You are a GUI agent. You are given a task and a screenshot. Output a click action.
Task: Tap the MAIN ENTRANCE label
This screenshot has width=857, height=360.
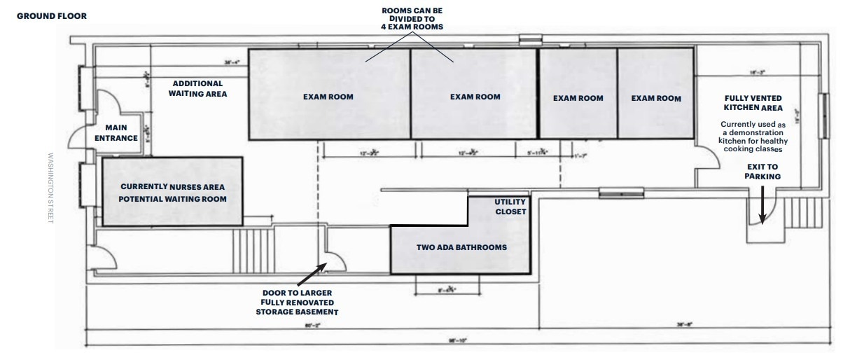121,132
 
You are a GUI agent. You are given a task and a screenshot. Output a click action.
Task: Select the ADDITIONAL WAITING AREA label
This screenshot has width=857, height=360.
197,88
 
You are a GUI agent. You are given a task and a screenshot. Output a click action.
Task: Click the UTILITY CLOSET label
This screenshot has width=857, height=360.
510,207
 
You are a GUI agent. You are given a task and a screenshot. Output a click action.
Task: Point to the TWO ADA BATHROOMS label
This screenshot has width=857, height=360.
461,247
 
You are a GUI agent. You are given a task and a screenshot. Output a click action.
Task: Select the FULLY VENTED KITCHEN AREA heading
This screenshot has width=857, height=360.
753,103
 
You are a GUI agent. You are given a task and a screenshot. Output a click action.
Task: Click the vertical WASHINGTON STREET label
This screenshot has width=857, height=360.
50,179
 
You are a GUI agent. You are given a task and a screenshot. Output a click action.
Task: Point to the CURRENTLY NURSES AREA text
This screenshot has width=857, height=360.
172,187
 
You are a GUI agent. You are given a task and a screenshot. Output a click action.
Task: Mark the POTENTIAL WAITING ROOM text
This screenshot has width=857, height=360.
172,200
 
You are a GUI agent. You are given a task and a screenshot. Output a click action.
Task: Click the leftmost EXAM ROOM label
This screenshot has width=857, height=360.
328,97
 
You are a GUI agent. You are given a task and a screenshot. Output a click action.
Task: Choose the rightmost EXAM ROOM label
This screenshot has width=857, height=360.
656,98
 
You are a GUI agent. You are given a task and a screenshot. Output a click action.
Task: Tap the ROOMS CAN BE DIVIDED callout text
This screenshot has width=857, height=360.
411,19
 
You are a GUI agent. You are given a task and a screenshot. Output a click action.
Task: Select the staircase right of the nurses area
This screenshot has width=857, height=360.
253,251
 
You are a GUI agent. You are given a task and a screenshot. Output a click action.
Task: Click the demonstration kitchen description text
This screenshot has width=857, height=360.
753,137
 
